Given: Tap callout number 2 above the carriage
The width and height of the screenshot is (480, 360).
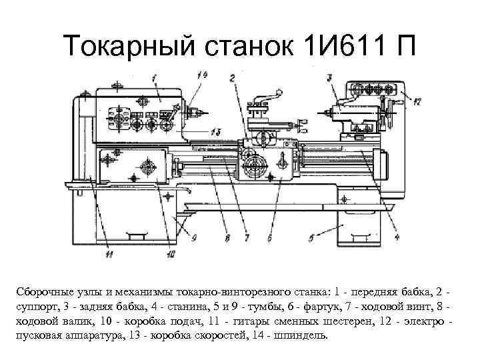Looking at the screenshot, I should [x=231, y=78].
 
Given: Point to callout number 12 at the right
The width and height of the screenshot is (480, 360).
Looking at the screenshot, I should [x=417, y=102].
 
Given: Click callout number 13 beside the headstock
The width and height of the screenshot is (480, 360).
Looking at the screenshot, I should [x=215, y=131].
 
